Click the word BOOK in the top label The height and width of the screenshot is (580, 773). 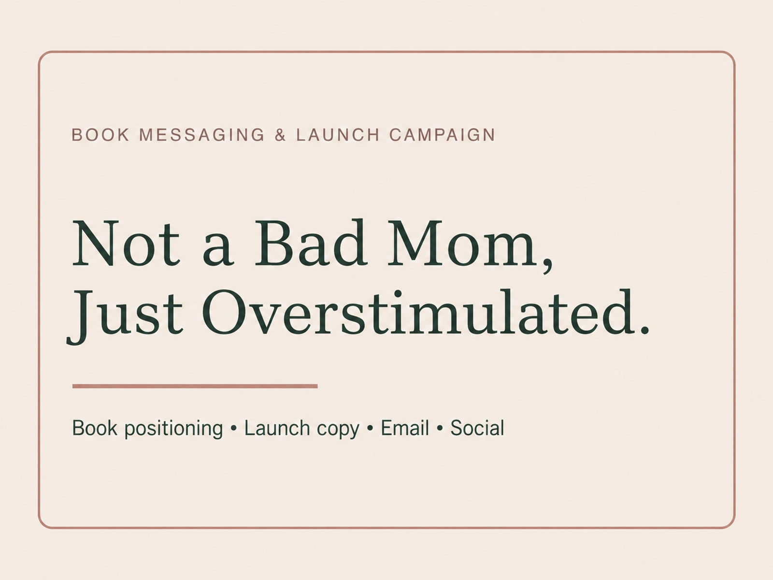pyautogui.click(x=100, y=135)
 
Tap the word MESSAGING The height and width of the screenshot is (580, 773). pyautogui.click(x=202, y=135)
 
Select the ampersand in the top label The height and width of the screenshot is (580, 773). pyautogui.click(x=280, y=135)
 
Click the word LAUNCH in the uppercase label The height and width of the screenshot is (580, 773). pyautogui.click(x=338, y=135)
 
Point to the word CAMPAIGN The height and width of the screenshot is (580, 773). pyautogui.click(x=443, y=135)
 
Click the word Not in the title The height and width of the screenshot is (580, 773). pyautogui.click(x=126, y=243)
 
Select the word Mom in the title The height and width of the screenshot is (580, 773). pyautogui.click(x=461, y=243)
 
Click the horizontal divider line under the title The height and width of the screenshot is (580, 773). pyautogui.click(x=195, y=386)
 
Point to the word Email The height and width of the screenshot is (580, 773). pyautogui.click(x=405, y=428)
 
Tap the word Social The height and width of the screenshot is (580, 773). pyautogui.click(x=477, y=428)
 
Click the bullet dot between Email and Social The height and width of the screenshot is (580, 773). pyautogui.click(x=440, y=429)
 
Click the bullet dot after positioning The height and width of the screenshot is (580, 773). pyautogui.click(x=233, y=429)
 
